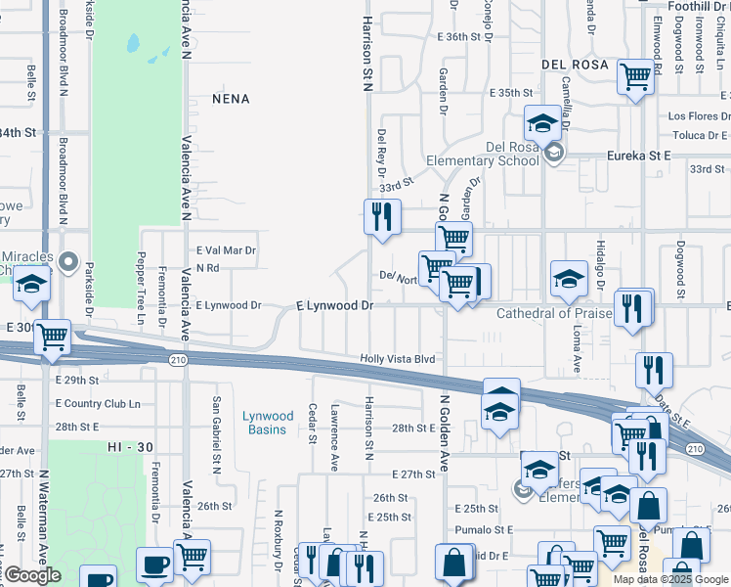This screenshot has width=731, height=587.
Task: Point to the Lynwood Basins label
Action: (x=265, y=423)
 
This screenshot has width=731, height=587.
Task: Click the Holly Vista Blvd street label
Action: (x=397, y=359)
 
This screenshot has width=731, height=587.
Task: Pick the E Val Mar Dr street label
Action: (x=226, y=250)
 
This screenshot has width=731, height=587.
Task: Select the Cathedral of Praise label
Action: (x=553, y=313)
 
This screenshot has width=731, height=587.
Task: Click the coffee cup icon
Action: (x=154, y=564)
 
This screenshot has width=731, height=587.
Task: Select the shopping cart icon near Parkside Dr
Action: (x=52, y=337)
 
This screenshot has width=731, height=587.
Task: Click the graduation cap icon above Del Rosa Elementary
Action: (x=541, y=123)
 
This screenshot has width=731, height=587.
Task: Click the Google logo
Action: (x=32, y=575)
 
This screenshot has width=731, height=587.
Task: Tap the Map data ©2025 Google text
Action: (x=671, y=579)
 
